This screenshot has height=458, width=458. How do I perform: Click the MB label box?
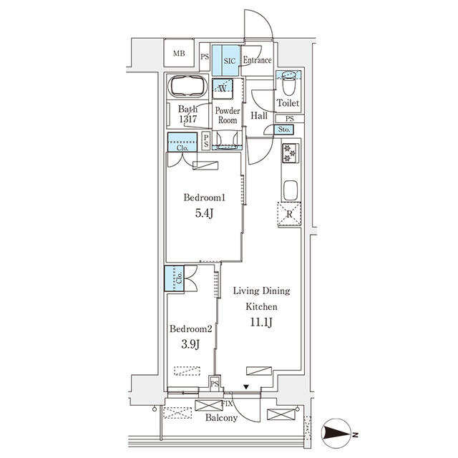click(178, 54)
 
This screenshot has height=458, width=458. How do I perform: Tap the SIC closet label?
click(228, 61)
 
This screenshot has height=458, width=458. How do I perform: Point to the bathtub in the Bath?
click(188, 87)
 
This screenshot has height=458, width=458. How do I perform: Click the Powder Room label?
click(227, 116)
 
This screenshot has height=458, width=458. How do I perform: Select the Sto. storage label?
click(283, 130)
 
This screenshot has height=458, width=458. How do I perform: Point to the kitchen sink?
click(290, 191)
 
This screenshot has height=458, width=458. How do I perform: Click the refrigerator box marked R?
click(289, 215)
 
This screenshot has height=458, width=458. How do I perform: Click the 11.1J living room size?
click(260, 322)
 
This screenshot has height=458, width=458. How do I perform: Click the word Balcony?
click(221, 418)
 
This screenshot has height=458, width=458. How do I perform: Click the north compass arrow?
click(337, 432)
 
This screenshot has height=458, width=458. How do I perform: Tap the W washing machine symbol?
click(223, 89)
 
